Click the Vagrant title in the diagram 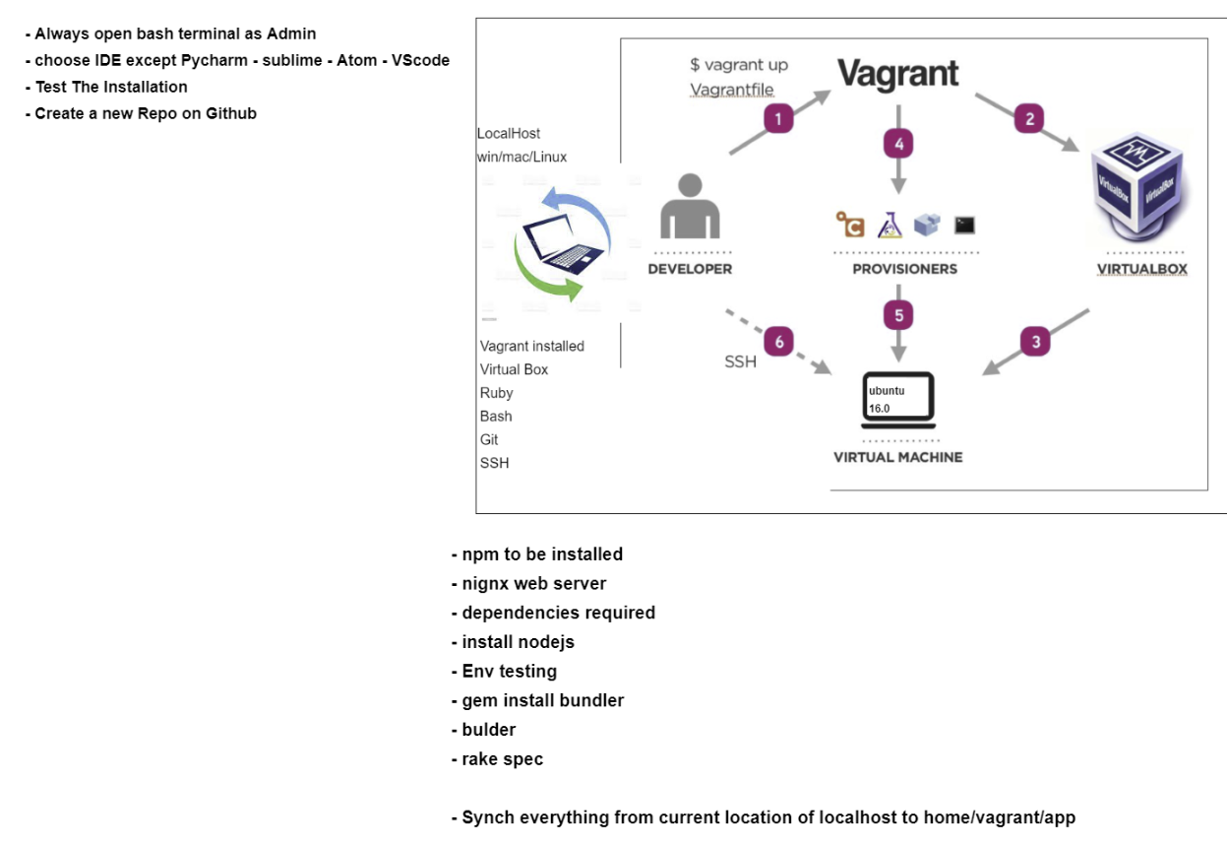(897, 74)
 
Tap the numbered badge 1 (778, 119)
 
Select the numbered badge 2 (1029, 119)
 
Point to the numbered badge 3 (1035, 342)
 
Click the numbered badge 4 (897, 145)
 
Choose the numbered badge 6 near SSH (779, 342)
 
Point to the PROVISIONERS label (904, 269)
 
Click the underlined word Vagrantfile (731, 90)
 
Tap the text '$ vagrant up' (738, 65)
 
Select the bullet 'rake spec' (502, 759)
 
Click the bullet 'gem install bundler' (542, 700)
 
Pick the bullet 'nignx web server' (533, 583)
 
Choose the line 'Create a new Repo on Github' (145, 113)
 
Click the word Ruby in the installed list (497, 393)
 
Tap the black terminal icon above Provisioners (964, 226)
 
